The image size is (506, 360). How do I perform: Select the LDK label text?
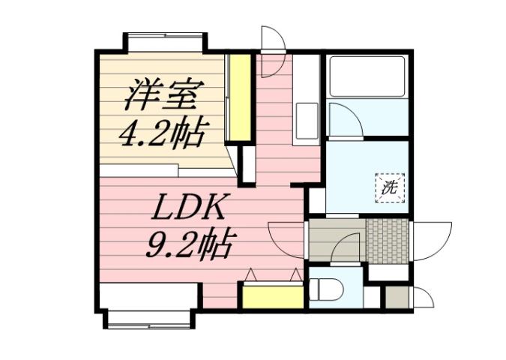click(186, 206)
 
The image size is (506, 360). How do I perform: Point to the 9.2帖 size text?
click(187, 241)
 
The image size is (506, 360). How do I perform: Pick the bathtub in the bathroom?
click(367, 77)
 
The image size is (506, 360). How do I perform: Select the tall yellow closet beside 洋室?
click(239, 97)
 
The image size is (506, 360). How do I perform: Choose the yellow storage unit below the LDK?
click(272, 295)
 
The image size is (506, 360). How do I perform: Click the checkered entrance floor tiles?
click(388, 241)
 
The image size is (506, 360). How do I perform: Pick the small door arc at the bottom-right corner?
click(423, 298)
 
